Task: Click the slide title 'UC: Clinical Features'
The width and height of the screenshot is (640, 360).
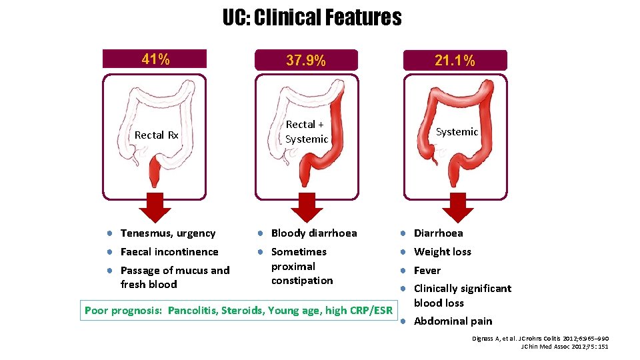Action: (312, 17)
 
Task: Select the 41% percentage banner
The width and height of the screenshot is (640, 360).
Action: (155, 59)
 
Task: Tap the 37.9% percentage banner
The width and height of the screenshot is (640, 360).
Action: (306, 61)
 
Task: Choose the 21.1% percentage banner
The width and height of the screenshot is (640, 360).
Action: (455, 61)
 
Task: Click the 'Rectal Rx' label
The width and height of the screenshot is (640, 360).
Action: (157, 135)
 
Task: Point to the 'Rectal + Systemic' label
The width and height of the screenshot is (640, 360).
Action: (306, 132)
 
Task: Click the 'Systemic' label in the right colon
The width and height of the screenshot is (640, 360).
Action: (457, 132)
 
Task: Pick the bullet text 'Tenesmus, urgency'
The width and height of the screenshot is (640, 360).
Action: (168, 233)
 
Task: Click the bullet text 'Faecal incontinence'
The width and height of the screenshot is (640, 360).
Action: (169, 252)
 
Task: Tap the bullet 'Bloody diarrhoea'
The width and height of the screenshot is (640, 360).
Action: (314, 233)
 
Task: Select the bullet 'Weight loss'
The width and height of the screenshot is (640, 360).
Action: (443, 252)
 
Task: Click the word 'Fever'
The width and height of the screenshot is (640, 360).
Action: (427, 271)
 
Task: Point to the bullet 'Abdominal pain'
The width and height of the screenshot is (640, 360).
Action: (453, 321)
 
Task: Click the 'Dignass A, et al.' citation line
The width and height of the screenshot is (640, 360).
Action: (540, 339)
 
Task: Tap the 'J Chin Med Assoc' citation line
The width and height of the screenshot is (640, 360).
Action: (564, 347)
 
